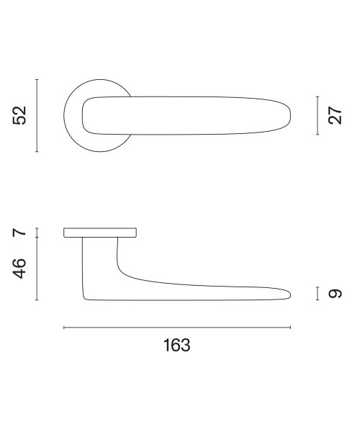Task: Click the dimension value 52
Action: click(x=19, y=115)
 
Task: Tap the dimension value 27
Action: click(x=335, y=115)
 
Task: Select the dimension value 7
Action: click(x=19, y=233)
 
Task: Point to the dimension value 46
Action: click(x=19, y=269)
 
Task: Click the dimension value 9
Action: click(x=335, y=294)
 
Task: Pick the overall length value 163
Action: click(x=177, y=345)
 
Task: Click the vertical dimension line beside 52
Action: click(x=37, y=115)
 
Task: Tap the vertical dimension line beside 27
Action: click(x=318, y=115)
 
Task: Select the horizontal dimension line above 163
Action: click(x=177, y=328)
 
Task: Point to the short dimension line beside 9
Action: click(x=318, y=294)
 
